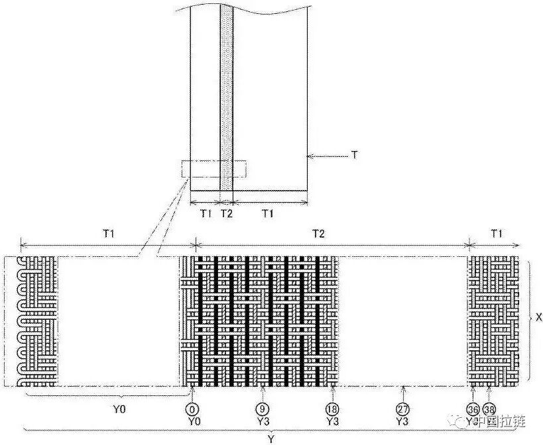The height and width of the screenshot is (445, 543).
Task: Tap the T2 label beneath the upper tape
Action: [x=226, y=213]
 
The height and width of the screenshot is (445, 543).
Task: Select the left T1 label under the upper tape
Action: [x=206, y=213]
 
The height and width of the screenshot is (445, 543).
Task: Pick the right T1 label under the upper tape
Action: [x=269, y=213]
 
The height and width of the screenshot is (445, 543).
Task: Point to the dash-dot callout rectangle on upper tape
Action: [x=213, y=169]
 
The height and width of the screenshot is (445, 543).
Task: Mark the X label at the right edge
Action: [x=538, y=318]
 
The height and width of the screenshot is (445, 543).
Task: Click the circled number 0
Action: [x=192, y=408]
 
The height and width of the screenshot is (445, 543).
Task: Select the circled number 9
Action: [x=264, y=408]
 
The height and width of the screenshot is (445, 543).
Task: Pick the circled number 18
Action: [x=332, y=408]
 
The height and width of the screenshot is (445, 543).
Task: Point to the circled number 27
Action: [x=402, y=408]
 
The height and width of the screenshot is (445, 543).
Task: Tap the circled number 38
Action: [x=489, y=408]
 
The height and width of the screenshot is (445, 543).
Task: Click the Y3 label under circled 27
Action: [x=402, y=420]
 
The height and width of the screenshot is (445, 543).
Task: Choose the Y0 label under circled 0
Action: [x=192, y=420]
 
